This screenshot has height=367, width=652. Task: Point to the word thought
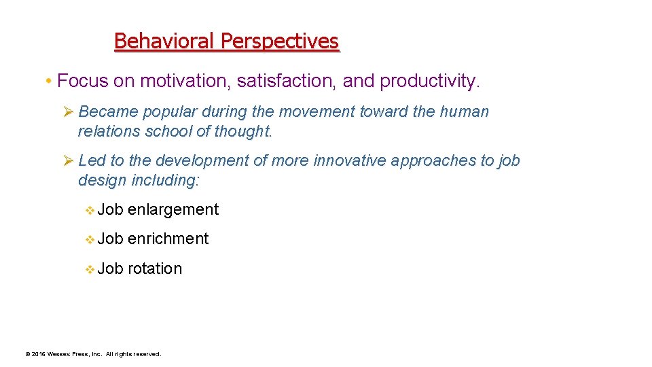tap(243, 132)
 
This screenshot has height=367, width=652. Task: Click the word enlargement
tap(173, 210)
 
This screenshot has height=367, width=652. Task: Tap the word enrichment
tap(168, 239)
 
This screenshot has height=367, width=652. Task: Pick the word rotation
tap(155, 268)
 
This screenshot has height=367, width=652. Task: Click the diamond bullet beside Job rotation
tap(90, 269)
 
